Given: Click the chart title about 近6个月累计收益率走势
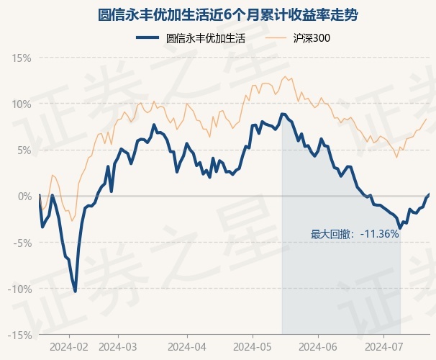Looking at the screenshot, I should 218,14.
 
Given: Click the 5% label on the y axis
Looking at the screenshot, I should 24,150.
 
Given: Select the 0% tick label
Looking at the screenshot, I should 24,196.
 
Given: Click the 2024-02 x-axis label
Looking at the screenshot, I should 69,346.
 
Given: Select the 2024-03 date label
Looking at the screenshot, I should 118,346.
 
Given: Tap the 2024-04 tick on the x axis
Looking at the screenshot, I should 186,346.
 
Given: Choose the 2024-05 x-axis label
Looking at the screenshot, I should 253,346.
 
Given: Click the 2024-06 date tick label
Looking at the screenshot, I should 318,346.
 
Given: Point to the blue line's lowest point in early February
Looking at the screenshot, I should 76,292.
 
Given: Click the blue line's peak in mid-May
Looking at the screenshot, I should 283,114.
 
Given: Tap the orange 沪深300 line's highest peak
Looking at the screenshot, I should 285,76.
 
